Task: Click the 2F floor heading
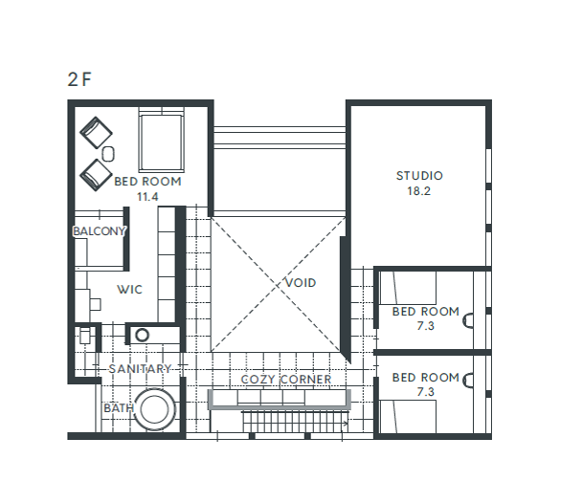pos(79,79)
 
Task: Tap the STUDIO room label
pos(419,176)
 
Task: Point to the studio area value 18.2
pos(419,191)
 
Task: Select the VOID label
pos(301,283)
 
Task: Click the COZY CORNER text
pos(286,380)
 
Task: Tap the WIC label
pos(129,290)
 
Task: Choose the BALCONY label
pos(100,231)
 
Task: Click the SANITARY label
pos(140,369)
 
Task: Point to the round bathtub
pos(154,409)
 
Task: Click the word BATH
pos(119,408)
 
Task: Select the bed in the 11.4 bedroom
pos(162,140)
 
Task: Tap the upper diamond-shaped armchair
pos(96,133)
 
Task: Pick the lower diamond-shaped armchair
pos(96,175)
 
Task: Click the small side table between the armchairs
pos(108,154)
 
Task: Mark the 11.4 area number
pos(147,197)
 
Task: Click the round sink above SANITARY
pos(142,335)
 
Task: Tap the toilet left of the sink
pos(85,335)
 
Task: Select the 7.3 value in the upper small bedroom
pos(425,326)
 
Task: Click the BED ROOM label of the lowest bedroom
pos(425,378)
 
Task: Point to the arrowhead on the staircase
pos(346,425)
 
